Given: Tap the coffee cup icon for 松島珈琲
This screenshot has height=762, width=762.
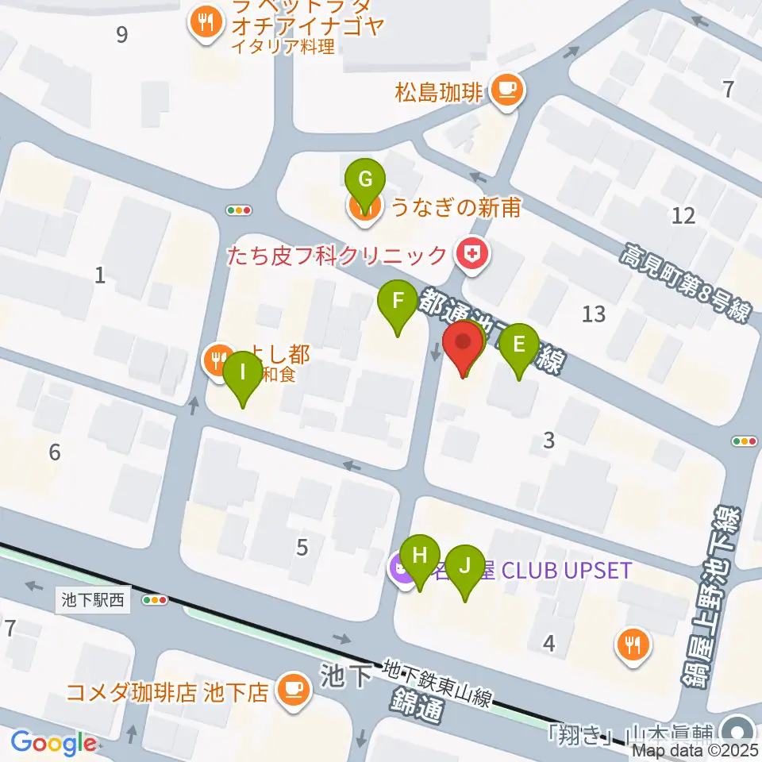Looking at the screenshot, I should (506, 89).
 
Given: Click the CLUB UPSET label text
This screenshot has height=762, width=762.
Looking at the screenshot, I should (564, 570).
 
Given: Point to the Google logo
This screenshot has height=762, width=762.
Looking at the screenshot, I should (53, 743).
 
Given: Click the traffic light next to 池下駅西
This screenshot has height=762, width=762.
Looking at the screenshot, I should (155, 601).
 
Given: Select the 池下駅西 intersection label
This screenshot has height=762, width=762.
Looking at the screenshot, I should (94, 601).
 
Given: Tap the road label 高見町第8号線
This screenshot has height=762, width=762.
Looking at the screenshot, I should (684, 281).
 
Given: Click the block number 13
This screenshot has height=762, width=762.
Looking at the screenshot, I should (593, 314).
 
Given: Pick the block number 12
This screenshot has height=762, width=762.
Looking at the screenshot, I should (683, 215).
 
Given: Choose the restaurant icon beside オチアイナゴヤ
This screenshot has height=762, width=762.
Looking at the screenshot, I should (206, 24).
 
